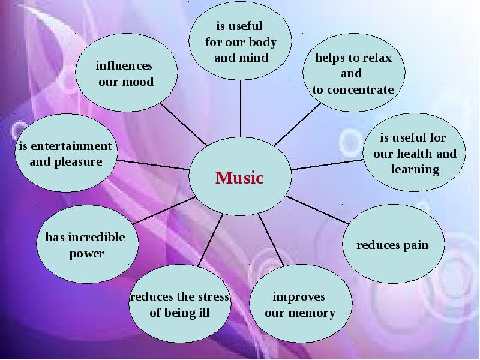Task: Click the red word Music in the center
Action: pos(239,178)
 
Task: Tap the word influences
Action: pos(124,65)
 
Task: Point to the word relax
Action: pos(377,58)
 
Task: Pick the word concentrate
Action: pos(361,89)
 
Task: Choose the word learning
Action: pos(415,170)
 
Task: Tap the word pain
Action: pos(416,245)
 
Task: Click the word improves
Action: pos(299,297)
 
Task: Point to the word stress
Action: pos(214,296)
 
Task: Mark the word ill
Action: pos(205,313)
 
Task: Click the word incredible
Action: pos(97,237)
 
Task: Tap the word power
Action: pos(86,254)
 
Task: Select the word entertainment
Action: pos(71,146)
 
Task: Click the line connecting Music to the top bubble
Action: pos(241,109)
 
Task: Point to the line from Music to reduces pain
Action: pos(317,210)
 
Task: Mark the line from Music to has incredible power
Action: pos(164,211)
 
